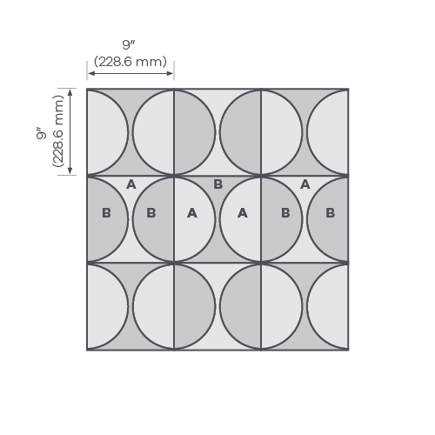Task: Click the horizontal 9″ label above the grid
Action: pos(129,45)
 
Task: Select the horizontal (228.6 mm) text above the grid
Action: pos(130,62)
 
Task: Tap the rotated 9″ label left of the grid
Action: pos(41,133)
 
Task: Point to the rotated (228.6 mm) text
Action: pos(58,131)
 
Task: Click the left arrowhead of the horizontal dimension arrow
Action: pos(90,73)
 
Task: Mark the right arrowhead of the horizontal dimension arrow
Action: pos(171,73)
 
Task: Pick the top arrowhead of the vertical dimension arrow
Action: pos(70,91)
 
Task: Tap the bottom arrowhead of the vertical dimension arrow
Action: pos(70,171)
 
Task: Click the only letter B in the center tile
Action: pos(217,184)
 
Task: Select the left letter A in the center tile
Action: pos(192,213)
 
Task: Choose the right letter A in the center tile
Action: pos(243,213)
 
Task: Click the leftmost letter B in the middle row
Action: pos(106,213)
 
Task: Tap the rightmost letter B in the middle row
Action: pos(331,213)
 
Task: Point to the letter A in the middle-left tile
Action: pos(131,184)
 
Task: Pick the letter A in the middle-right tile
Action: pos(305,184)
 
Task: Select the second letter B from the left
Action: pos(151,213)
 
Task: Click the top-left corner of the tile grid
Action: pos(87,89)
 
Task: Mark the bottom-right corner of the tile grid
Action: pos(348,350)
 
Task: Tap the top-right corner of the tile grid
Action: pos(348,89)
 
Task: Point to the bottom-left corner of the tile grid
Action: pos(87,350)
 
